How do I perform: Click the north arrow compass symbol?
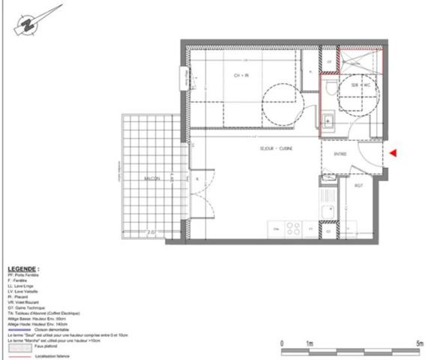pos(27,23)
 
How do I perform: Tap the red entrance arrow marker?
pos(394,153)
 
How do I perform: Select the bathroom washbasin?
pos(328,118)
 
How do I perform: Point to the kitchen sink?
pos(327,212)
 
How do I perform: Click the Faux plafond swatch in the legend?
pos(20,347)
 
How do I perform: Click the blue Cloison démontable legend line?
pos(20,328)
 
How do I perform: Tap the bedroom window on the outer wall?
pos(183,77)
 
